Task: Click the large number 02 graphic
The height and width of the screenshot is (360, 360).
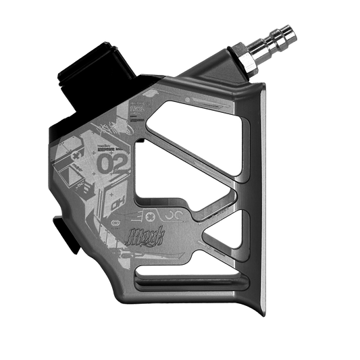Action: [x=111, y=163]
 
